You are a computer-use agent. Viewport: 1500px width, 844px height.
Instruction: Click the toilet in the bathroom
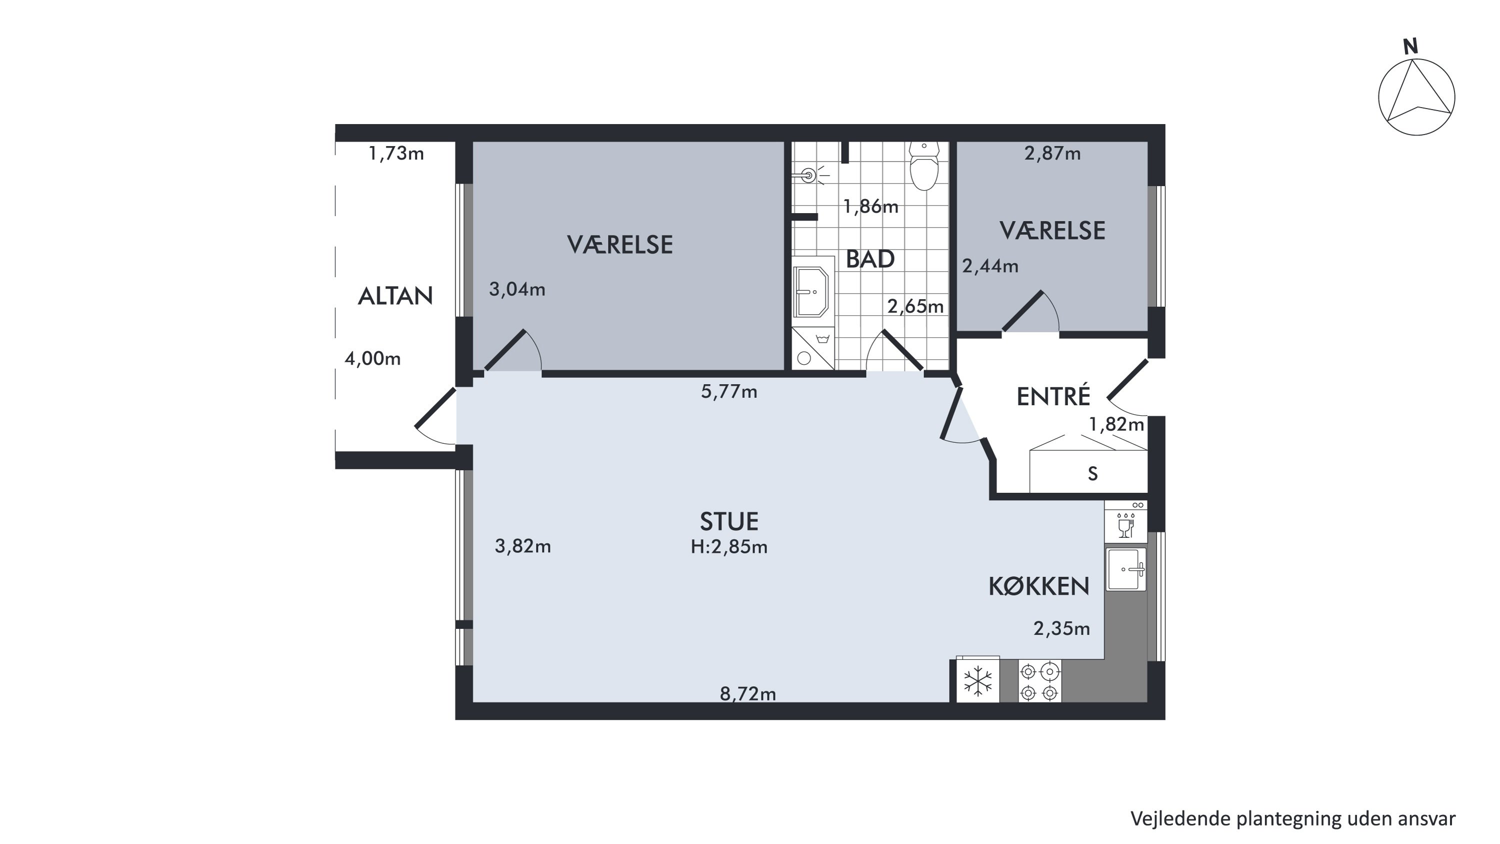click(924, 166)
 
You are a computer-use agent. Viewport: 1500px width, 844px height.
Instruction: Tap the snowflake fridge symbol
click(977, 681)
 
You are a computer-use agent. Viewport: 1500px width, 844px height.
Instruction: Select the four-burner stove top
click(1039, 681)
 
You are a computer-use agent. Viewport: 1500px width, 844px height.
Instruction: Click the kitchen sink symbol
click(1126, 569)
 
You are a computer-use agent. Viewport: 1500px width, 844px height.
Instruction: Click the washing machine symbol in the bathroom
click(813, 349)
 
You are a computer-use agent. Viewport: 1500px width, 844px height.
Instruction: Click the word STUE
click(729, 522)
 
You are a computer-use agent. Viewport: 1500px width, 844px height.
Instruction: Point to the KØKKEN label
click(1039, 586)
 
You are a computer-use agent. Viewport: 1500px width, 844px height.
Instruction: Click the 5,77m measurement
click(729, 391)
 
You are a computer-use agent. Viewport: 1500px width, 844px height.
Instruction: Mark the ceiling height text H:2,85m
click(729, 547)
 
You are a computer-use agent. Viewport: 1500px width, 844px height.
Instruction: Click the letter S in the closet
click(1093, 474)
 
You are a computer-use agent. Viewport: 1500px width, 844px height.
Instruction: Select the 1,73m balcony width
click(396, 154)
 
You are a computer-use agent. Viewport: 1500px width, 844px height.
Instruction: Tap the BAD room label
click(870, 259)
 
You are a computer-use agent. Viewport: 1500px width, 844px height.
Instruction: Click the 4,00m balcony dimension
click(372, 358)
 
